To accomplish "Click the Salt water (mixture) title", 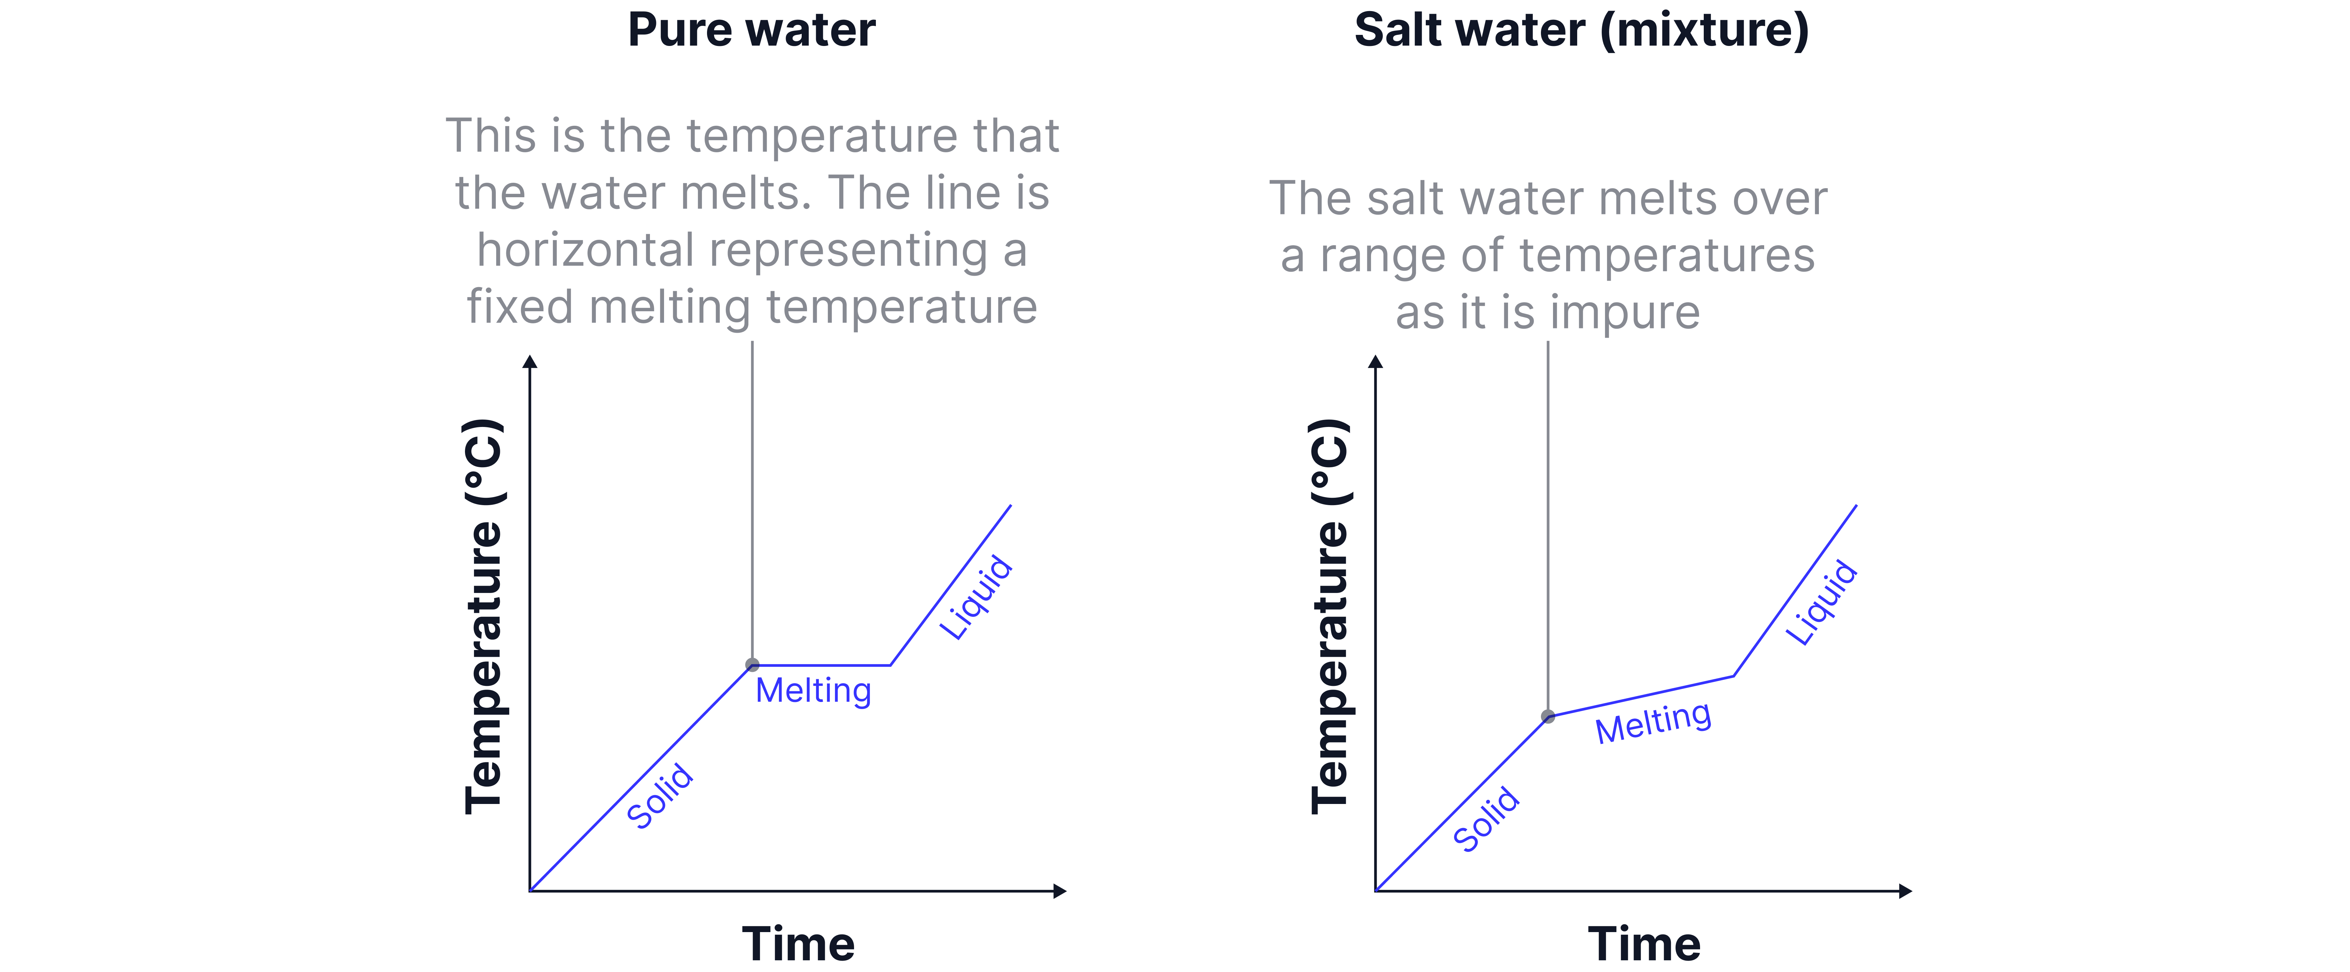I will pyautogui.click(x=1581, y=30).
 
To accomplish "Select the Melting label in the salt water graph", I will pyautogui.click(x=1653, y=722).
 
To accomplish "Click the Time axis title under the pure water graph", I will pyautogui.click(x=798, y=944).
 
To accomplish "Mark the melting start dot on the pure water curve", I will pyautogui.click(x=752, y=665).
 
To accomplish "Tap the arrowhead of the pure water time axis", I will pyautogui.click(x=1060, y=891).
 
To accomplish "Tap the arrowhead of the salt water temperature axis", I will pyautogui.click(x=1376, y=362).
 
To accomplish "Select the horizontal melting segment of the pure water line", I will pyautogui.click(x=821, y=666).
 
